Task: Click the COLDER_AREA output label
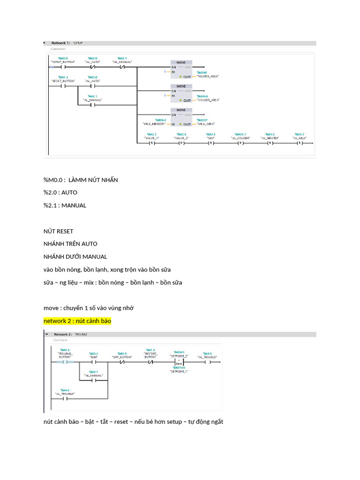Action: (209, 100)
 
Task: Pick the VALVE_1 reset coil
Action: (151, 143)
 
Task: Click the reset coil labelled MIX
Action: (210, 143)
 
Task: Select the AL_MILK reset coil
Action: (299, 143)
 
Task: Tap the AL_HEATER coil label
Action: (270, 138)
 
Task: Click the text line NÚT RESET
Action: (58, 231)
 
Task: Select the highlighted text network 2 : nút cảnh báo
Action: (77, 321)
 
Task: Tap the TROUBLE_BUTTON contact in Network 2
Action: (65, 362)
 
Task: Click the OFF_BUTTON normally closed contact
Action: (122, 362)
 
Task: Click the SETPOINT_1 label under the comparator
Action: (179, 371)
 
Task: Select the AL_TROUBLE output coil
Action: (207, 362)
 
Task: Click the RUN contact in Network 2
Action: (93, 362)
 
